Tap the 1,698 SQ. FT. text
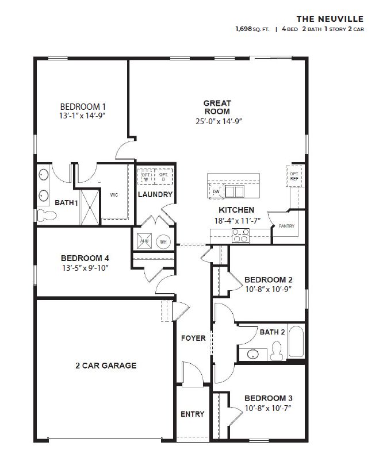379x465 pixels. (252, 28)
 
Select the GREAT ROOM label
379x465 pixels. (217, 107)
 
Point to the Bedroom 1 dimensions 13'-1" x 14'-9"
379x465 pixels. (83, 116)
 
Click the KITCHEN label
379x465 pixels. (236, 210)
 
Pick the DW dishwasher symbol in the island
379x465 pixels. (216, 191)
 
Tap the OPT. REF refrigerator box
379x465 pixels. (294, 175)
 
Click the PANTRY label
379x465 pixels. (286, 226)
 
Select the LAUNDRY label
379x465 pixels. (155, 194)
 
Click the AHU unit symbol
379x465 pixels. (144, 241)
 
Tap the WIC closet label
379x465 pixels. (114, 195)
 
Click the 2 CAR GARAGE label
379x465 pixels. (106, 365)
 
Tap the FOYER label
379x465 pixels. (193, 338)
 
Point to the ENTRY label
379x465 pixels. (192, 414)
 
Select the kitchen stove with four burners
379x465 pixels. (240, 234)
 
